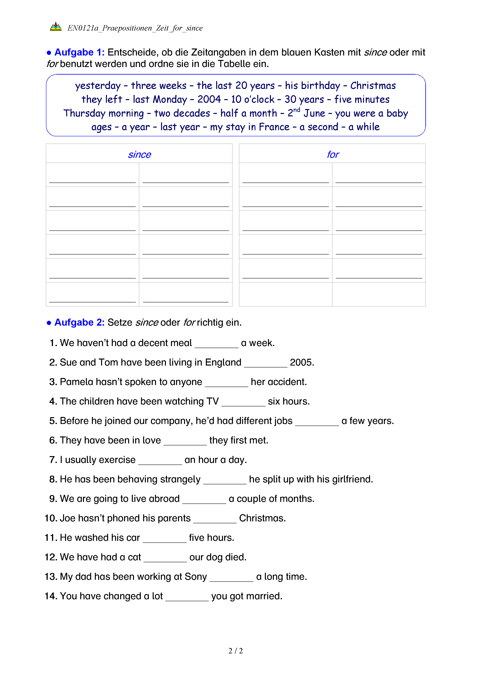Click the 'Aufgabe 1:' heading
coord(79,52)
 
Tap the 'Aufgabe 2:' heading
coord(79,323)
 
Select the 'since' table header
coord(139,155)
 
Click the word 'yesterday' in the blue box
coord(98,86)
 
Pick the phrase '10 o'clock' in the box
coord(253,99)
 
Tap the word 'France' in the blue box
coord(274,127)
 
